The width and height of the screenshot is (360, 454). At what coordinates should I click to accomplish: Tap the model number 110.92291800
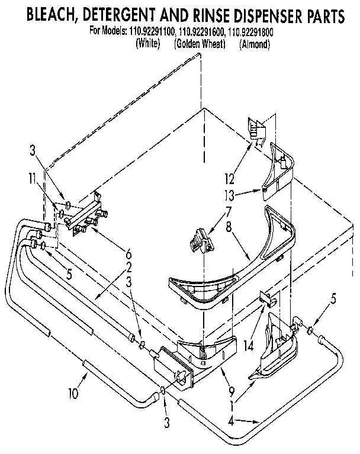(255, 33)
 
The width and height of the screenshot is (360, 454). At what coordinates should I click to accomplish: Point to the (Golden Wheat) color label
(200, 43)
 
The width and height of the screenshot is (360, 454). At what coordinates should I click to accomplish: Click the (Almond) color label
(255, 43)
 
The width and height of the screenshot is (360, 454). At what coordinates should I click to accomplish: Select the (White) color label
(148, 43)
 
